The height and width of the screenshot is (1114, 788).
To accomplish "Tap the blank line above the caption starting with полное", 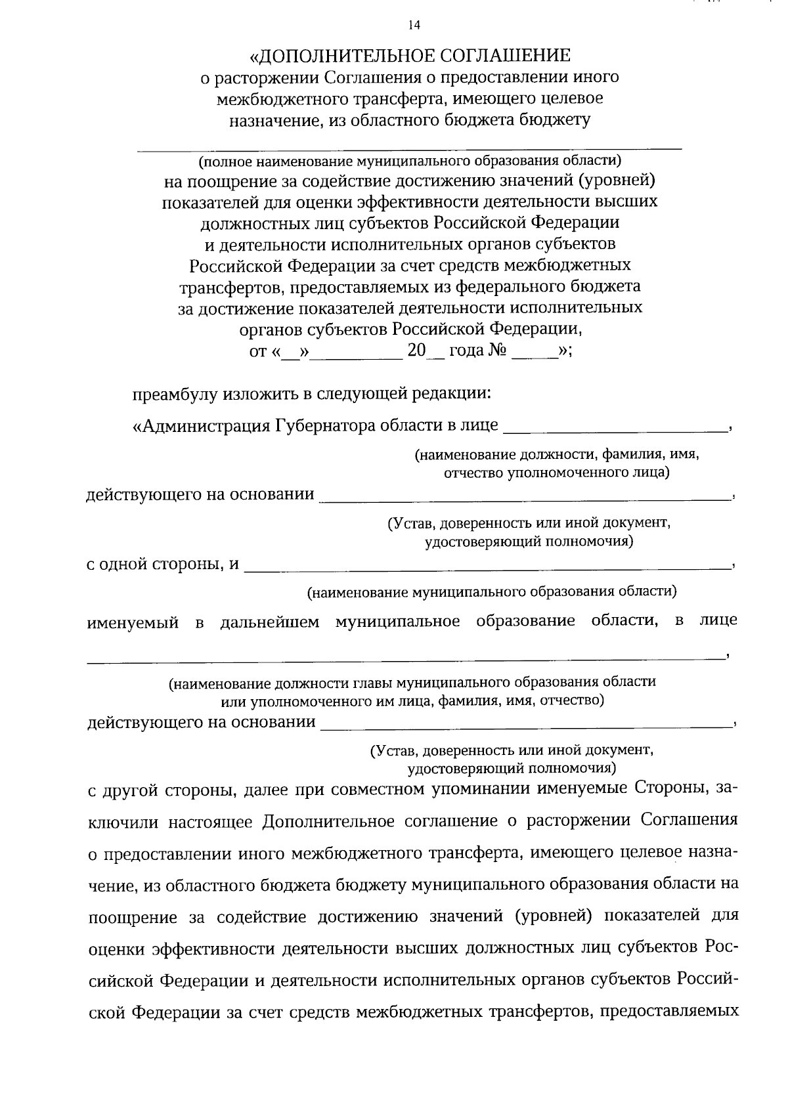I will [x=408, y=148].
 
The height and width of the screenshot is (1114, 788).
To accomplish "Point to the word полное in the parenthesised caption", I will [x=227, y=161].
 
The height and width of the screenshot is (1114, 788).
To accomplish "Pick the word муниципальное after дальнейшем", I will [x=397, y=621].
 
